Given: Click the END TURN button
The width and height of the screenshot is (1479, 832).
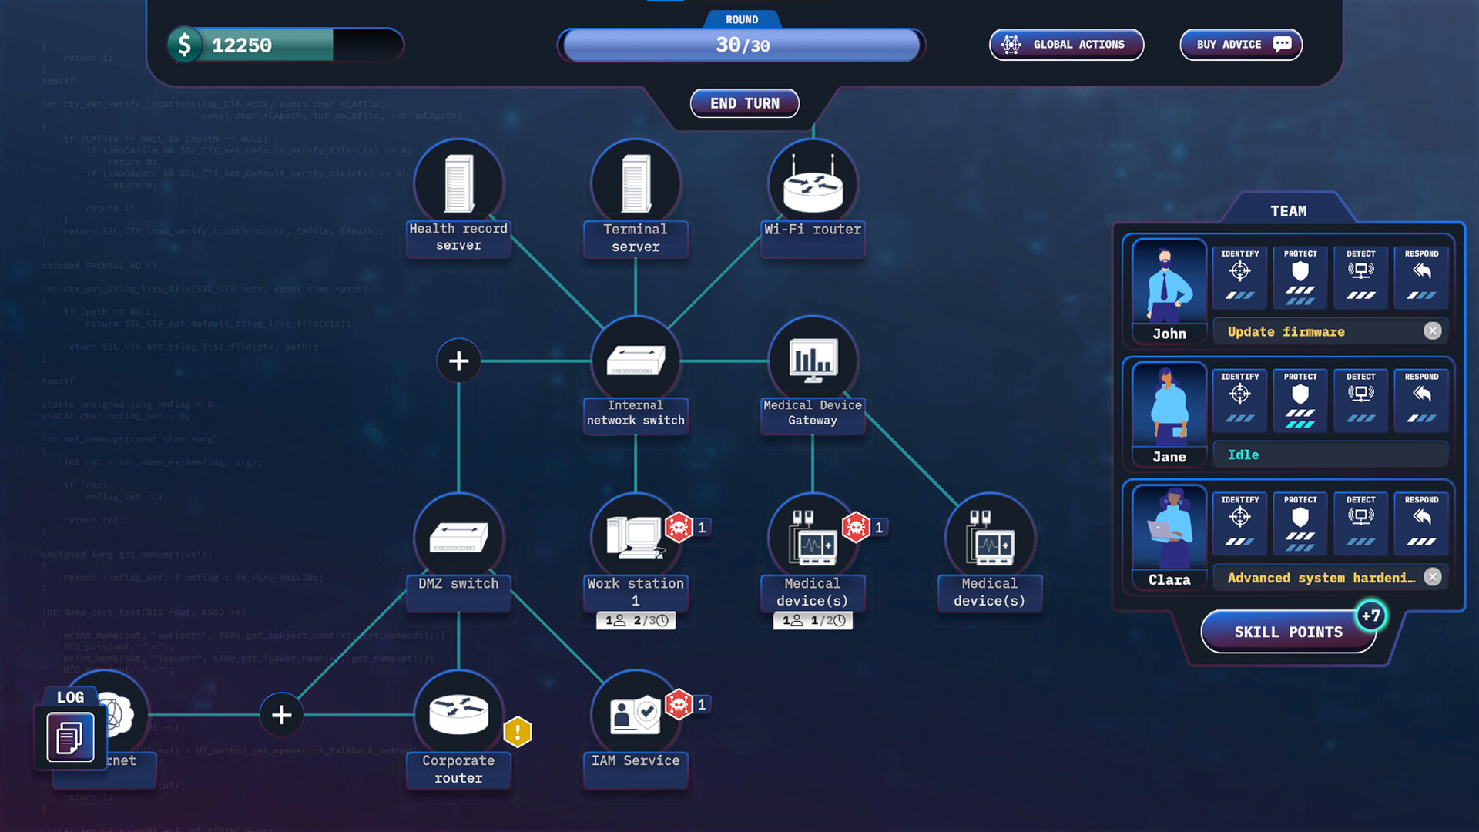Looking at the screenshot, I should click(x=744, y=103).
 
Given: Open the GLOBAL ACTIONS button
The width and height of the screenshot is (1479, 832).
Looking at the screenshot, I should click(x=1066, y=45).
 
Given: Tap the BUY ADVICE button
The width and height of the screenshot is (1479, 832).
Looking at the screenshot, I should click(x=1240, y=45).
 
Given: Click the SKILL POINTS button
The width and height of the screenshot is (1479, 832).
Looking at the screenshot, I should click(x=1288, y=632).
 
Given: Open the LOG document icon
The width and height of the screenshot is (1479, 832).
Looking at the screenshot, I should click(x=70, y=737).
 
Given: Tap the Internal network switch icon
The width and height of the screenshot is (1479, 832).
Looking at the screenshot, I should click(x=636, y=360).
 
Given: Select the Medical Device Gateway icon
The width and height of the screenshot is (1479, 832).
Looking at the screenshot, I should click(x=813, y=360).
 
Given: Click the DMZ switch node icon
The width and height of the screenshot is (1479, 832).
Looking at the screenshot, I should click(x=458, y=537).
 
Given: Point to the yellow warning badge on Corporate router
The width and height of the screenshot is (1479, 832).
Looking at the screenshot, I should click(x=518, y=732).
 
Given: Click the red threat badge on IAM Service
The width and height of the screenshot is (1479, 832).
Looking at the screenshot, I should click(x=679, y=704).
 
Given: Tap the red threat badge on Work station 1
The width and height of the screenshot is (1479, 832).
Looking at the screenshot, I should click(x=679, y=528).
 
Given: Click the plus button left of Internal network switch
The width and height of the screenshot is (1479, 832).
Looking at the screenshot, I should click(x=458, y=361).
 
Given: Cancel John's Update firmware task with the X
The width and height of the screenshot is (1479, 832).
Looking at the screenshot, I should click(x=1432, y=331).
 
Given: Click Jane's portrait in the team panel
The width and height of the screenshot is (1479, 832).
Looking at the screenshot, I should click(x=1169, y=404).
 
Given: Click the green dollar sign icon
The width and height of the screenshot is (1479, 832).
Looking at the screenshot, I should click(x=185, y=45).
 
